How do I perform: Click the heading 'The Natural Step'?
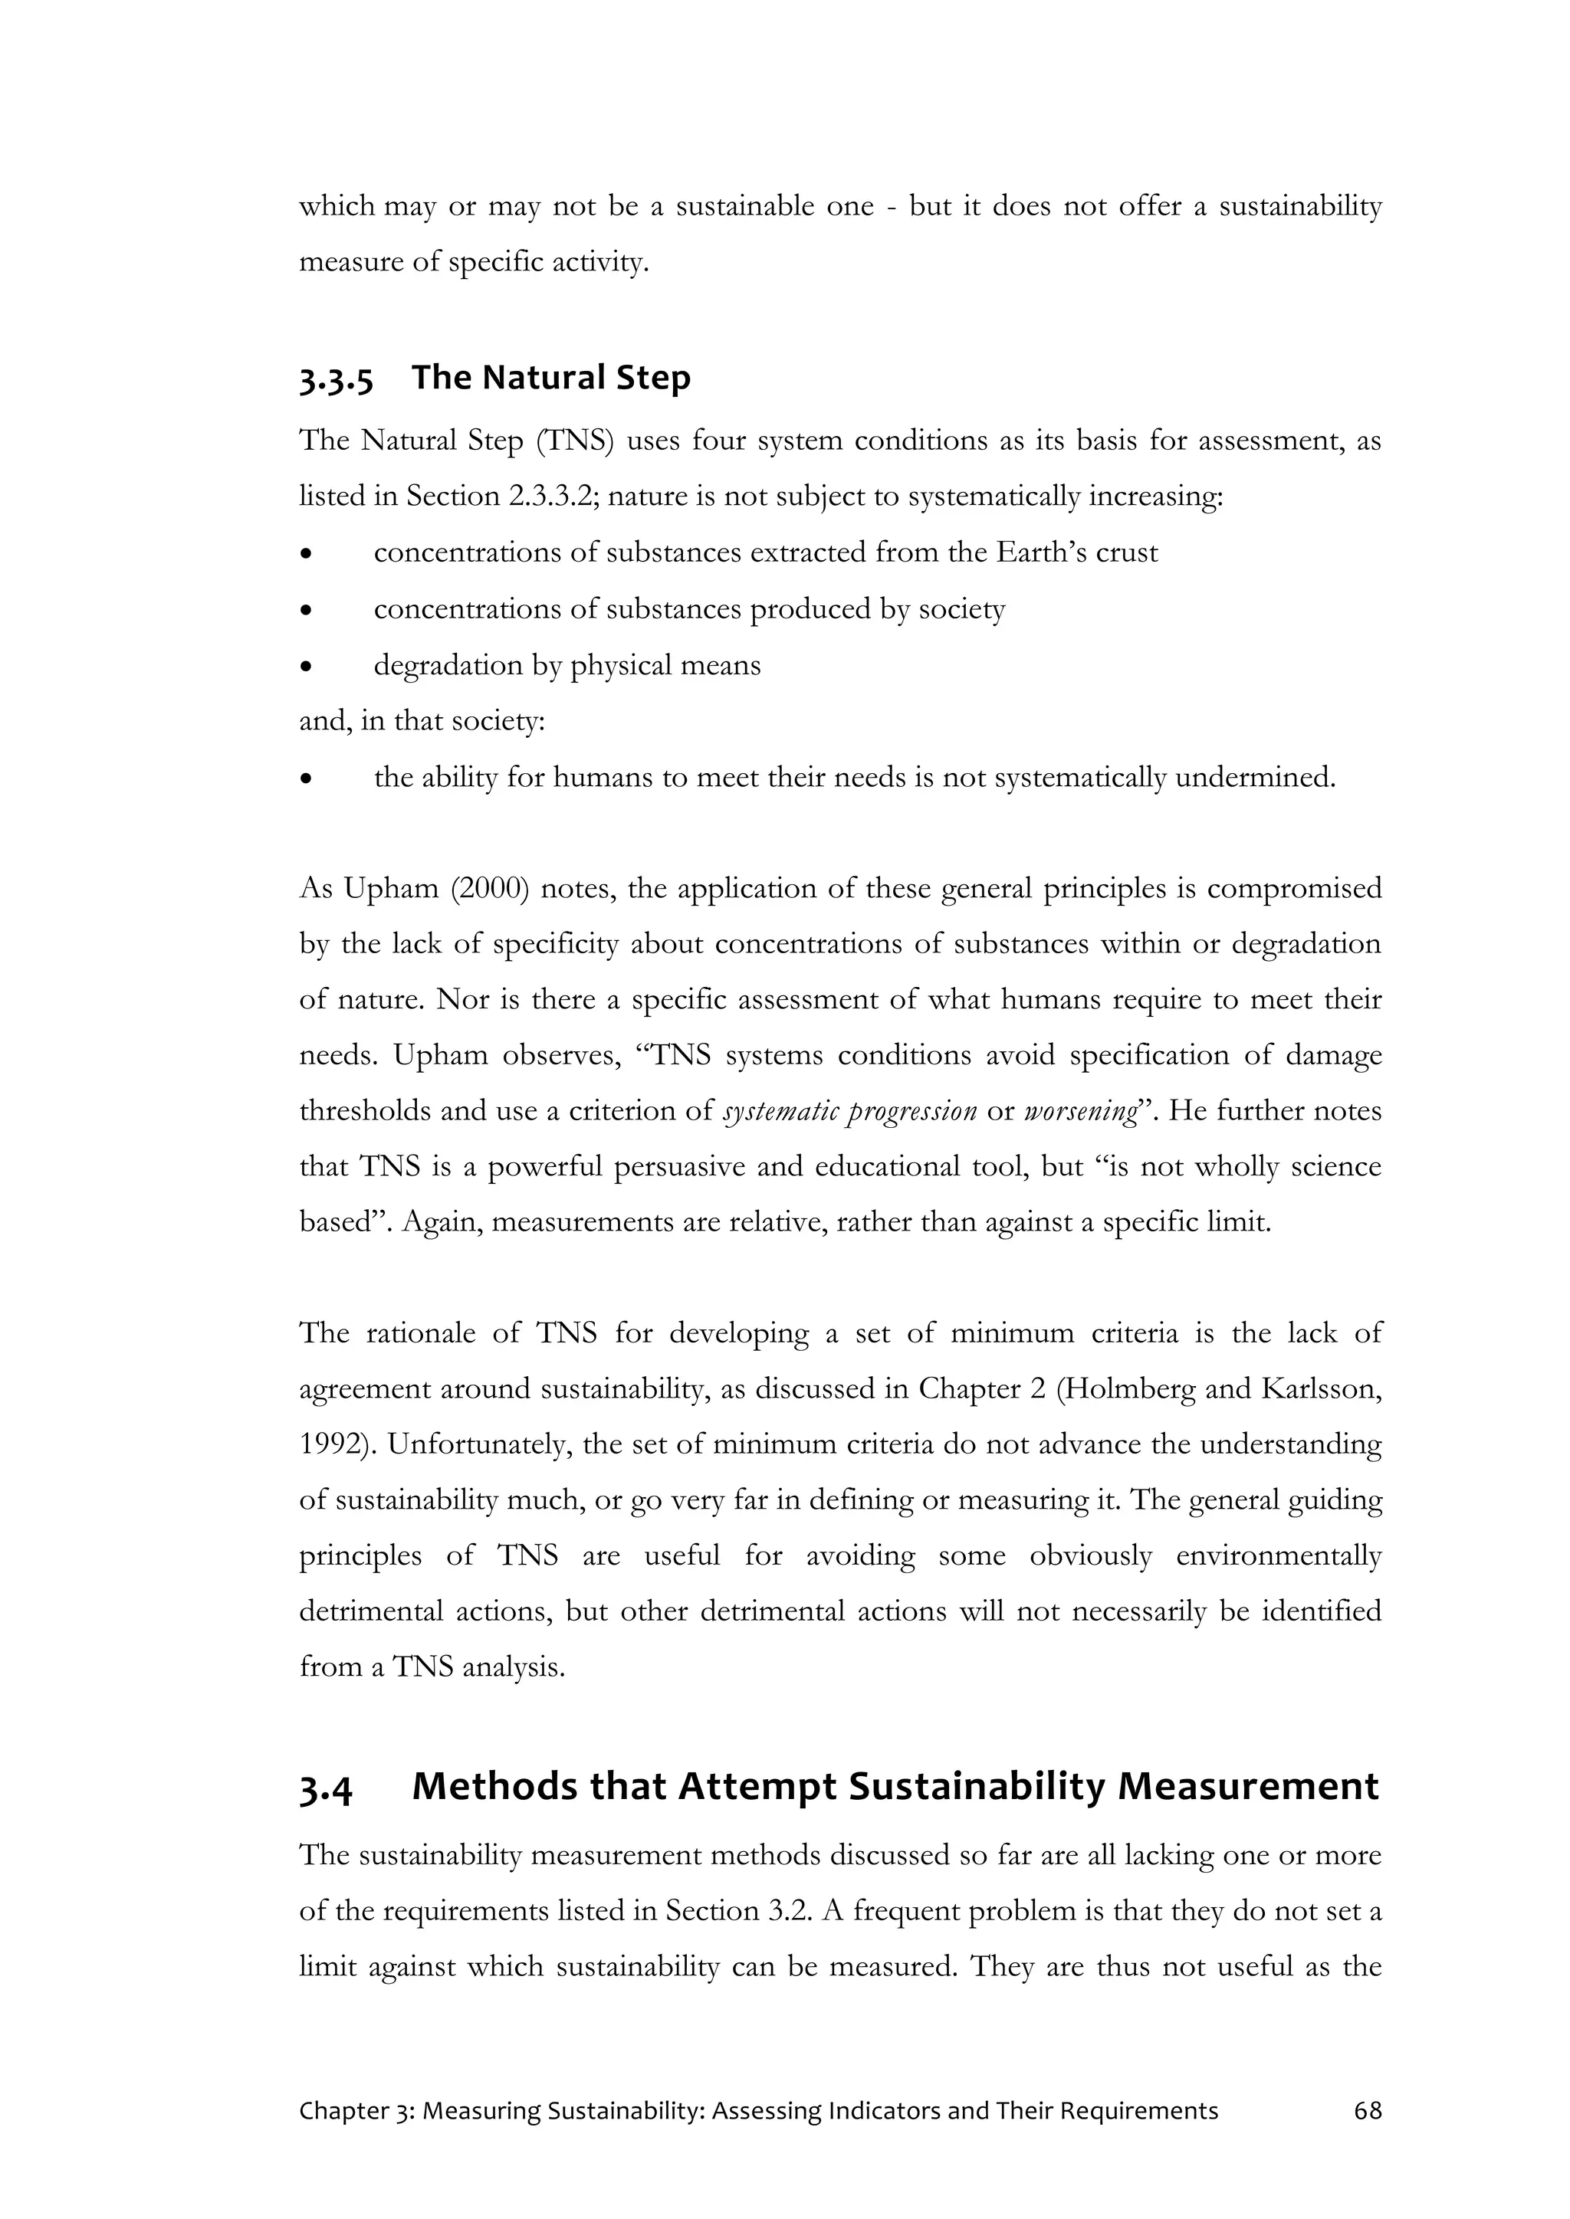[551, 377]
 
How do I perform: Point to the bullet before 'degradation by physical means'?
[307, 666]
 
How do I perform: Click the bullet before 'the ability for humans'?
[307, 778]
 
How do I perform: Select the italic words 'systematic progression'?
[849, 1112]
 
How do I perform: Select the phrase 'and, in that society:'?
[422, 722]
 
